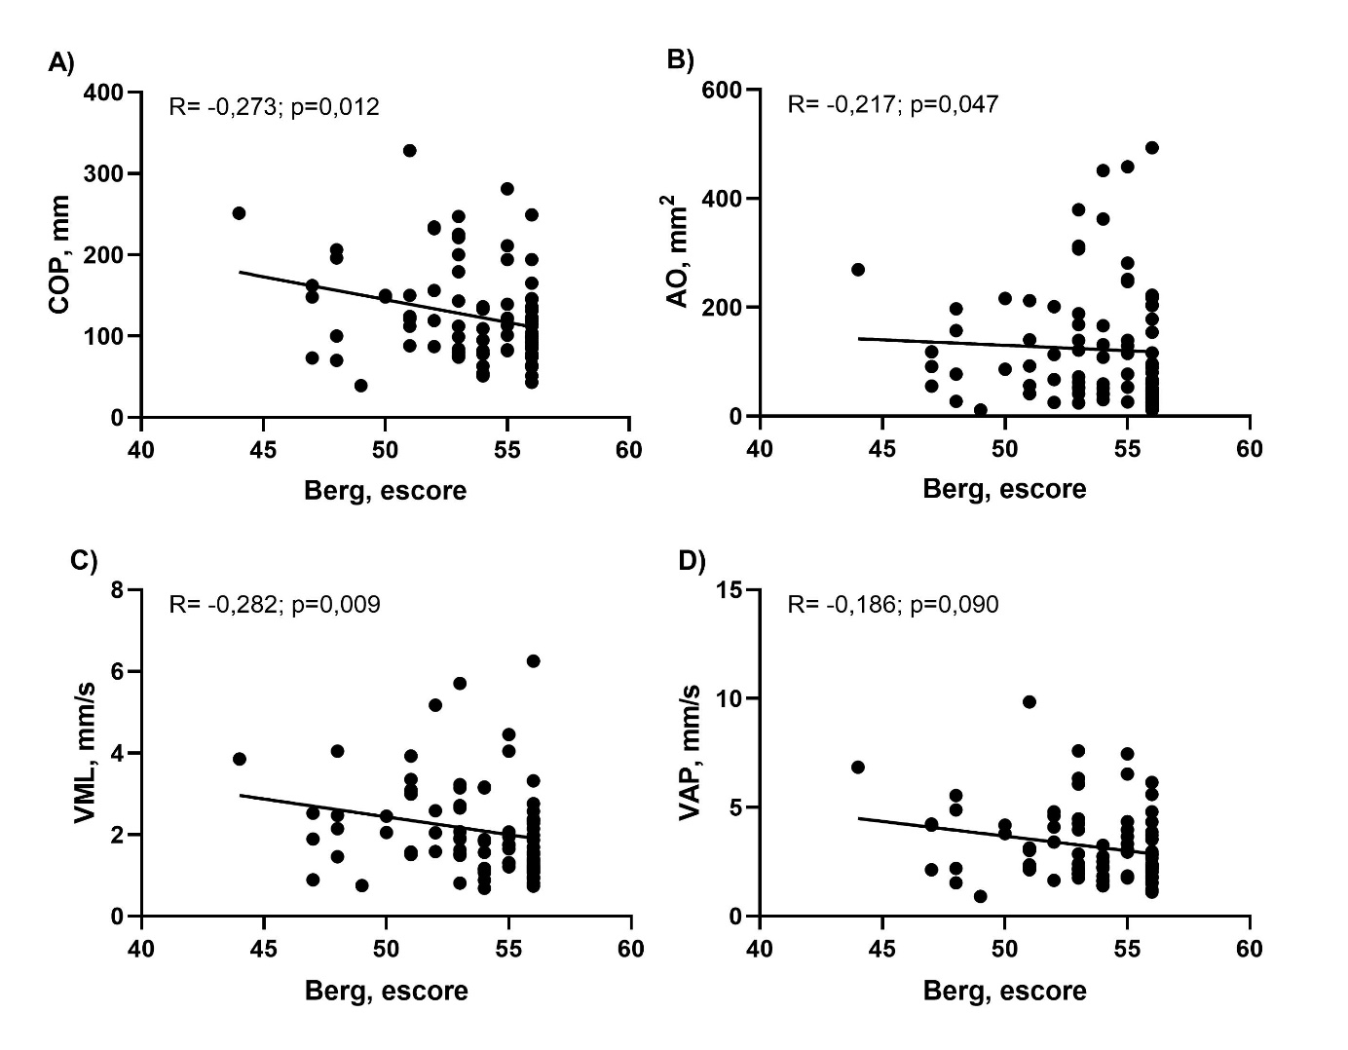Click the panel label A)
coord(60,63)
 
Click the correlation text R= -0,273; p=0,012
coord(274,106)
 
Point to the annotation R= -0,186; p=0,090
coord(892,605)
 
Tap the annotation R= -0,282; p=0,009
coord(275,605)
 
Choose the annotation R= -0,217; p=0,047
coord(892,103)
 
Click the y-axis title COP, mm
coord(60,254)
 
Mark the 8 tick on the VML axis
coord(118,590)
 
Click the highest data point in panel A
coord(410,150)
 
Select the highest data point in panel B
coord(1152,147)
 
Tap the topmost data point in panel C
coord(533,660)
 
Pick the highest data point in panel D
coord(1030,701)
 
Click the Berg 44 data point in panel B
coord(858,269)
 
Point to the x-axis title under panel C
coord(386,992)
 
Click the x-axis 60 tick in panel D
coord(1250,948)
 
